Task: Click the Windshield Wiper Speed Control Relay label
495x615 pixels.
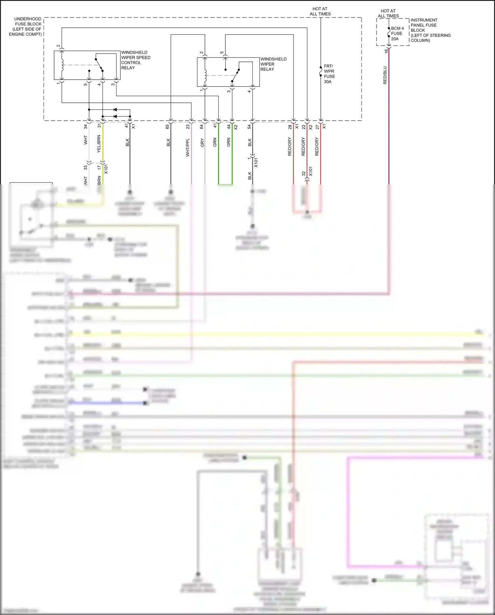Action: point(135,60)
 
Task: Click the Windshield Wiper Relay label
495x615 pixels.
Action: point(273,64)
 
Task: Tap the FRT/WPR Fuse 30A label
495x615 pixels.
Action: point(329,74)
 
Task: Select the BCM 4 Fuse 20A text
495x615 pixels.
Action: point(397,33)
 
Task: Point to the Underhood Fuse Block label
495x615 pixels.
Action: point(26,26)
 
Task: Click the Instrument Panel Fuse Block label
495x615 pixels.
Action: point(430,30)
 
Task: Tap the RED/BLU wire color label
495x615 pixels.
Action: point(385,75)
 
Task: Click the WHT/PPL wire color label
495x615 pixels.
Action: point(187,147)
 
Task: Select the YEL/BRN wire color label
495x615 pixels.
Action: point(98,143)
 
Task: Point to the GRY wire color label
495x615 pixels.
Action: point(202,143)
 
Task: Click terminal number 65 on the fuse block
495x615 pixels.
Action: point(167,126)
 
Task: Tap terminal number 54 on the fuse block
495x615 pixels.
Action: point(249,126)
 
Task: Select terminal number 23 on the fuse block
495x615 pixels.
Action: point(188,126)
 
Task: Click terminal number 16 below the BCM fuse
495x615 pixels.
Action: point(386,51)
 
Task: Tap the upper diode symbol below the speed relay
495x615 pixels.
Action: point(115,109)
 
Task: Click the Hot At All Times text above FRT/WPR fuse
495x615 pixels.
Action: point(320,12)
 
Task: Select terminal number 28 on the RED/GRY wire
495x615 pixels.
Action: point(290,126)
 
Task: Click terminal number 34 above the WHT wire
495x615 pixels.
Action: point(85,126)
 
